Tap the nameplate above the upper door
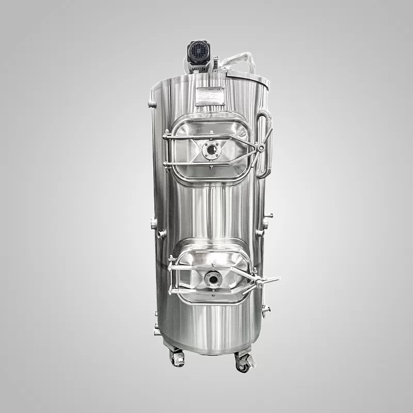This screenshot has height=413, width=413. click(x=210, y=96)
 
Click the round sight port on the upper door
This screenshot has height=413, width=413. click(x=212, y=150)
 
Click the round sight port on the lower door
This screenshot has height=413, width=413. click(x=213, y=279)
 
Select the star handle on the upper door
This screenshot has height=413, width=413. click(x=261, y=148)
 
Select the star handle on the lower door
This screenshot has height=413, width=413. click(x=260, y=283)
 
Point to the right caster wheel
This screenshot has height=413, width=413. click(x=242, y=364)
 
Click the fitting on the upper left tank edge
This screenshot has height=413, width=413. click(x=151, y=105)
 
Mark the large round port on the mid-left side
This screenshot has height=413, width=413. click(x=154, y=224)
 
